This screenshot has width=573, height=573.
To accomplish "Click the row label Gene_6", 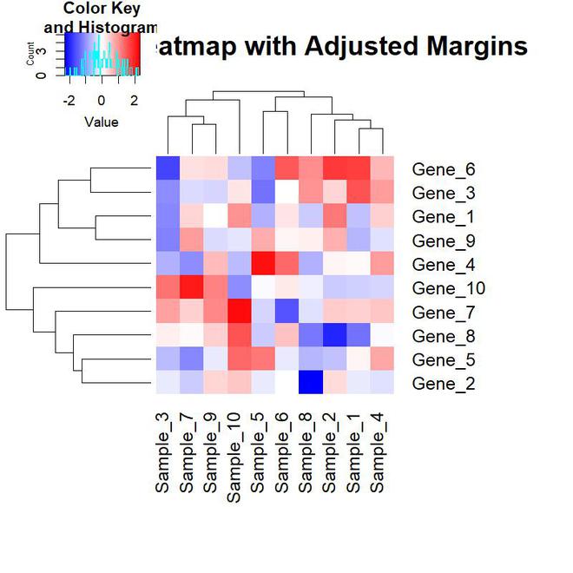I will [x=444, y=168].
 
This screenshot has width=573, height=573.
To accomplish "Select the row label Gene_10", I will [x=448, y=288].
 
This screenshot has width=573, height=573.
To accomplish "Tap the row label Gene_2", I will [x=444, y=384].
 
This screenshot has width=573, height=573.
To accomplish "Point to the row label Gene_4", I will [x=444, y=264].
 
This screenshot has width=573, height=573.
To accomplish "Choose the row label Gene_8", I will [x=444, y=336].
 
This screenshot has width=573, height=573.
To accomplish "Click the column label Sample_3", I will [x=165, y=451].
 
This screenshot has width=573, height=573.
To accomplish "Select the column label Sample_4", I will [x=379, y=451].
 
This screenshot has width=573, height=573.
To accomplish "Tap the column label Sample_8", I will [x=308, y=451].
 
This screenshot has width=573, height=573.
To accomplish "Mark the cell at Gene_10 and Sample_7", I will [x=191, y=286].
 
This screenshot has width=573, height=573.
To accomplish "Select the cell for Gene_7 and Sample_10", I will [x=238, y=311].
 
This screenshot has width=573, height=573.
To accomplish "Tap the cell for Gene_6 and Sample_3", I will [x=167, y=168].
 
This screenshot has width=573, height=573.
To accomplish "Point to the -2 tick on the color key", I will [x=69, y=100].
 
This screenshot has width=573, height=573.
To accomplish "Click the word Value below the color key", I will [x=102, y=122].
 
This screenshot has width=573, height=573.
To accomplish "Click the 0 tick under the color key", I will [x=102, y=100].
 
